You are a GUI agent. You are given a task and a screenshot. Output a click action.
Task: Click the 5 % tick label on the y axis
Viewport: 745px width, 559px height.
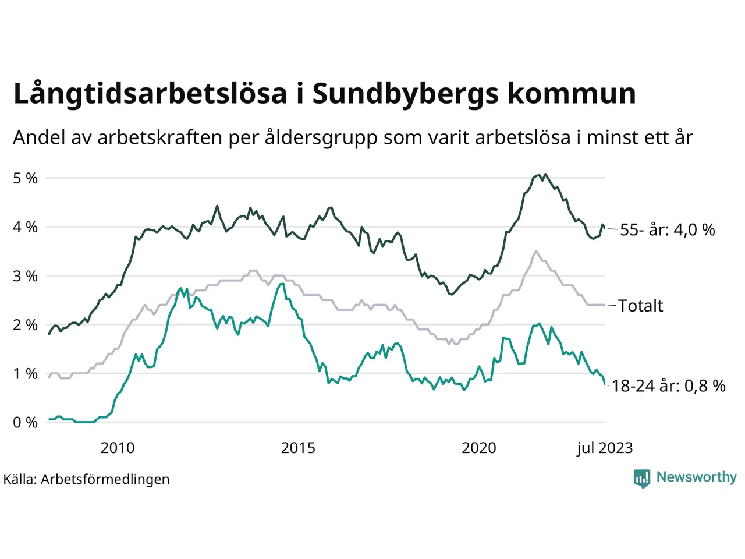pos(25,178)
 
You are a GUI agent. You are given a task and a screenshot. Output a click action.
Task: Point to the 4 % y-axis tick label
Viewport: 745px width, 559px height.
pos(25,227)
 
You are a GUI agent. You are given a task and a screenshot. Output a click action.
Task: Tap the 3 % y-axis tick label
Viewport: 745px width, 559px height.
pos(25,276)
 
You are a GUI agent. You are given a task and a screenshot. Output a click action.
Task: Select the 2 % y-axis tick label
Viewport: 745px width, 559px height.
pos(25,325)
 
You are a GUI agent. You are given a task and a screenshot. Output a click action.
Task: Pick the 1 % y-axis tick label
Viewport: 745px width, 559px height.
pos(25,374)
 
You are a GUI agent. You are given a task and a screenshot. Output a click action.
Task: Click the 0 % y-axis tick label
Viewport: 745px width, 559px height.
pos(25,423)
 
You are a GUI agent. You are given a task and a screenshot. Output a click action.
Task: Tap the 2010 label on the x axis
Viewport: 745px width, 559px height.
pos(117,448)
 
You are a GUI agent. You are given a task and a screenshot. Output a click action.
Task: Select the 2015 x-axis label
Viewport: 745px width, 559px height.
pos(298,448)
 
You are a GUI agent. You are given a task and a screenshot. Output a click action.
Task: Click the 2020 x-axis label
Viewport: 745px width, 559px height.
pos(479,448)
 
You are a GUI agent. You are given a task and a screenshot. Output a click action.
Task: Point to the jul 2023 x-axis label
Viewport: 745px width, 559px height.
pos(605,448)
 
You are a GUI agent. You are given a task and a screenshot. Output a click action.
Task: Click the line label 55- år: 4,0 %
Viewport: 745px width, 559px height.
pos(667,230)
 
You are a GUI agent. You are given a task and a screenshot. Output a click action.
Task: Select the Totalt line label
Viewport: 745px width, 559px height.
pos(640,306)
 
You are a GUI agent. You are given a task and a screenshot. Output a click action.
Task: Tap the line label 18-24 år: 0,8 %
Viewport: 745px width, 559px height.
pos(669,385)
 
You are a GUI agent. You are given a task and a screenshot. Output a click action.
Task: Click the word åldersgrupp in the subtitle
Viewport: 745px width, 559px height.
pos(321,138)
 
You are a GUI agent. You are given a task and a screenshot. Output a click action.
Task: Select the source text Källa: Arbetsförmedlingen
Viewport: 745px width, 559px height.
pos(87,479)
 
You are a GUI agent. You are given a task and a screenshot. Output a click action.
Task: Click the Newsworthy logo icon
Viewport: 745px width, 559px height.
pos(642,478)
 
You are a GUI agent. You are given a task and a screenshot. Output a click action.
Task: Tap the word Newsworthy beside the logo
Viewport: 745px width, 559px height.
pos(696,477)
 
